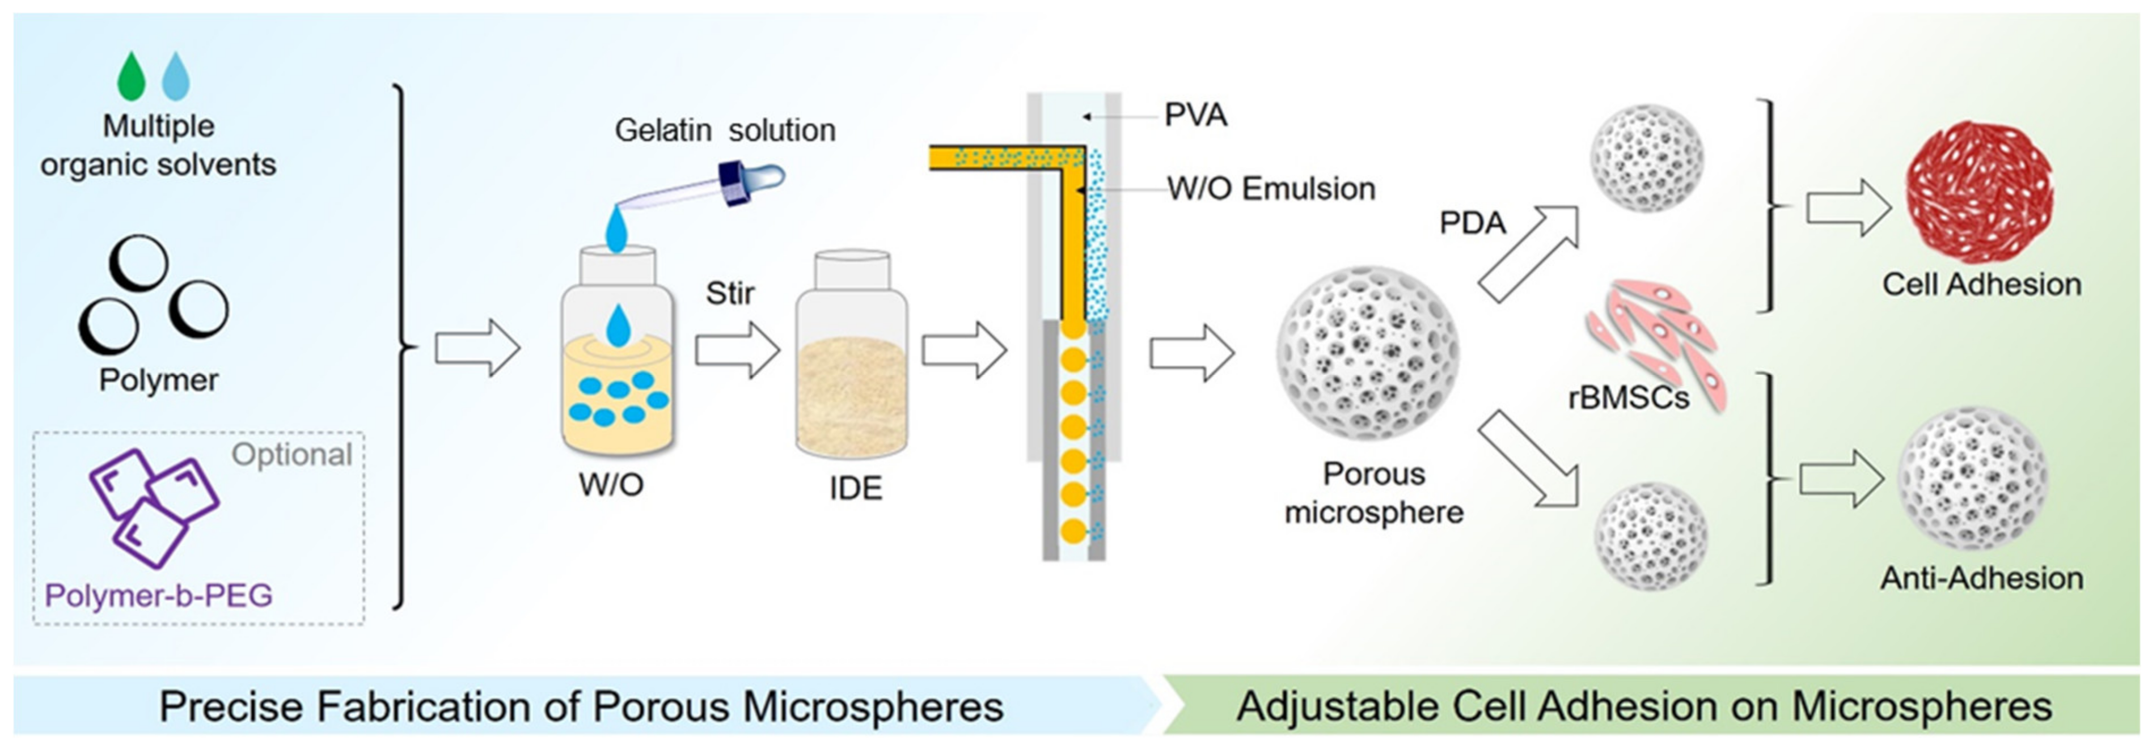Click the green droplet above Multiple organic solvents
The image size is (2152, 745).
(x=131, y=77)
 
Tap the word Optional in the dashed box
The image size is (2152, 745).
(x=291, y=454)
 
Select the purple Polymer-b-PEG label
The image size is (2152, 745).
(x=159, y=595)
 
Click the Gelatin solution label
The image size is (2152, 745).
(x=724, y=130)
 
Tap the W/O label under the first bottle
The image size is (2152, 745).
(x=611, y=484)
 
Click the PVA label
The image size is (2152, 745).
(x=1195, y=115)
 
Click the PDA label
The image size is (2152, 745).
(x=1472, y=223)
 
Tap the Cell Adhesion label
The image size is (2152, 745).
(x=1981, y=285)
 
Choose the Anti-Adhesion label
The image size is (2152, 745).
(x=1981, y=578)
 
